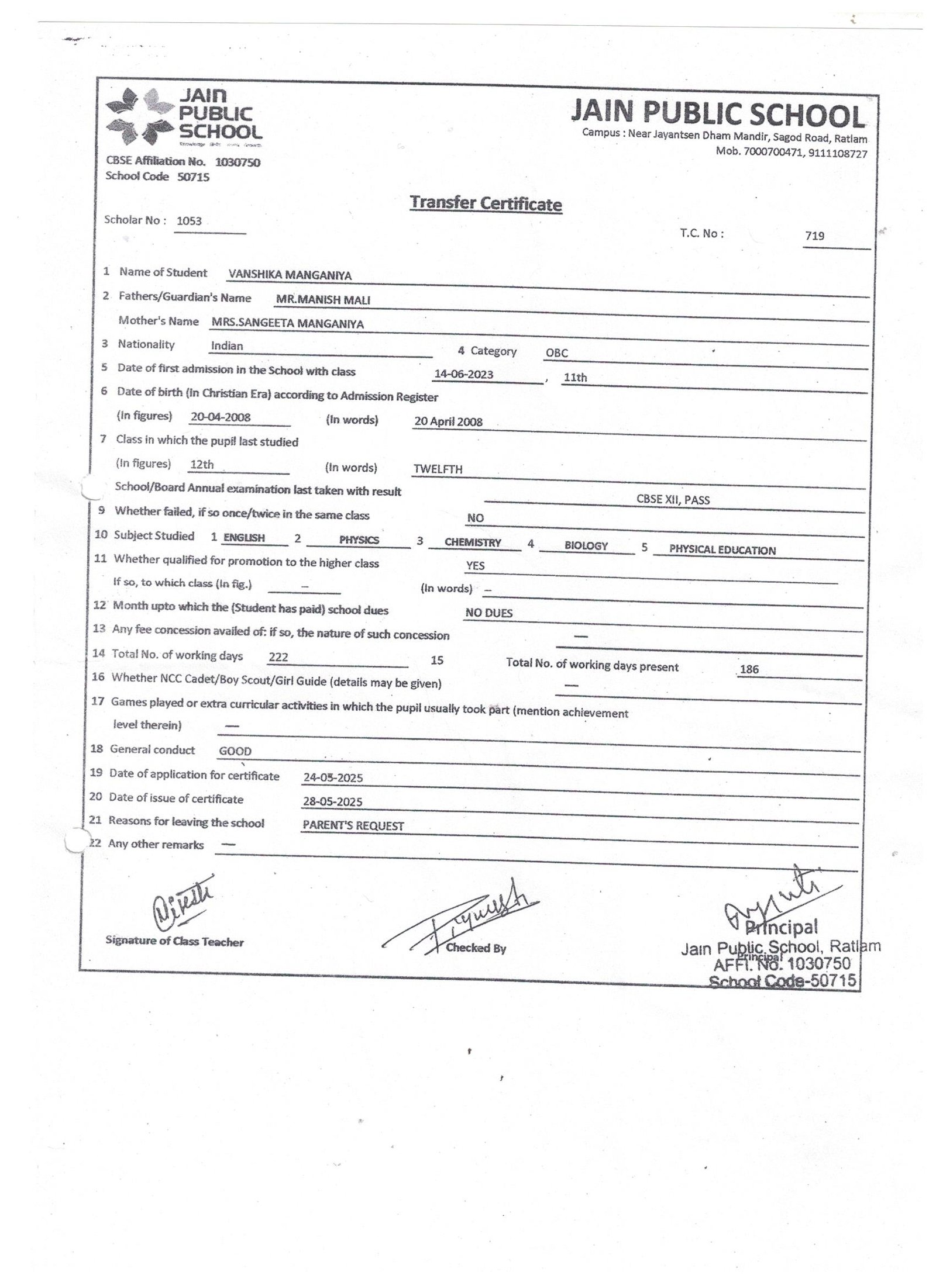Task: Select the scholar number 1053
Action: (x=189, y=221)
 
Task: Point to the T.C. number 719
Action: (x=814, y=236)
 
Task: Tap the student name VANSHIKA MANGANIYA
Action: (x=290, y=275)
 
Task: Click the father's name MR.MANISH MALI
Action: (x=323, y=300)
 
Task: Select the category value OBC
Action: (x=556, y=353)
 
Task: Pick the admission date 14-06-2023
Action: (x=464, y=374)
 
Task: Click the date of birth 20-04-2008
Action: (x=221, y=417)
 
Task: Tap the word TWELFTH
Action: (x=438, y=469)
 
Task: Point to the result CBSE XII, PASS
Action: (x=673, y=500)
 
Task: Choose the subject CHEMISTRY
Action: (x=473, y=542)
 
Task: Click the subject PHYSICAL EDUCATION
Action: (x=722, y=550)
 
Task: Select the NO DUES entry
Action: (x=488, y=613)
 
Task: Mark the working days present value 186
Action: (x=749, y=669)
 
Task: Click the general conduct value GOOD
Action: (x=235, y=751)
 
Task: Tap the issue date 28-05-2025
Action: (x=332, y=801)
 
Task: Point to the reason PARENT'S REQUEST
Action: (x=353, y=825)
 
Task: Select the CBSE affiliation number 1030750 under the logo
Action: (x=238, y=163)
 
